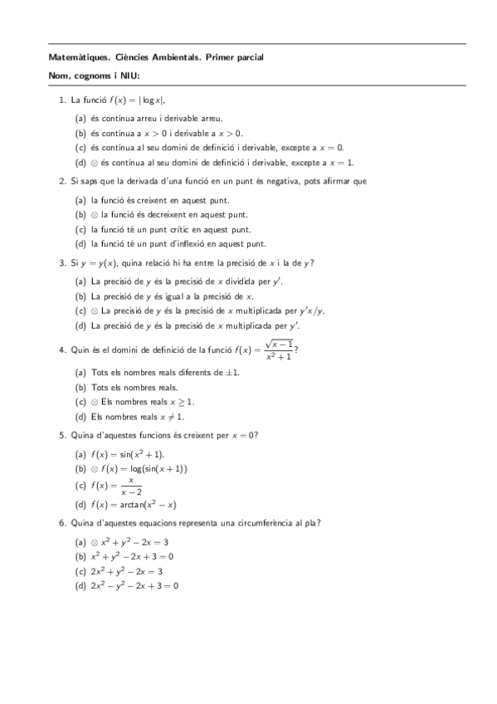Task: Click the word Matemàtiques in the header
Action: pyautogui.click(x=73, y=57)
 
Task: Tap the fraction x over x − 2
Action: pyautogui.click(x=130, y=486)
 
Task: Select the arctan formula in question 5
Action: pyautogui.click(x=133, y=504)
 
